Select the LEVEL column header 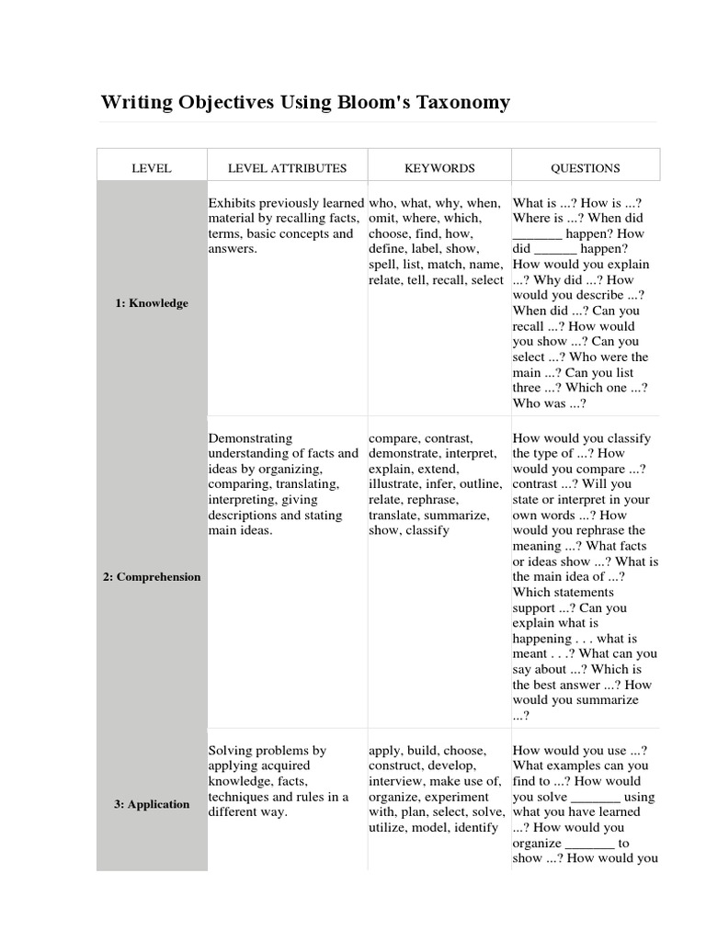[x=153, y=168]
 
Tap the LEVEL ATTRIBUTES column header [x=288, y=168]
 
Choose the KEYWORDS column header [x=439, y=168]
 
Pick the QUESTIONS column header [x=586, y=168]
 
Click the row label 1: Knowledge [x=153, y=303]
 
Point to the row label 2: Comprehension [x=153, y=577]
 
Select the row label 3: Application [x=153, y=804]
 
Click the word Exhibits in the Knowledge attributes [x=231, y=203]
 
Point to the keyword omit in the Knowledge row [x=382, y=219]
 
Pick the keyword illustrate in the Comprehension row [x=395, y=485]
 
